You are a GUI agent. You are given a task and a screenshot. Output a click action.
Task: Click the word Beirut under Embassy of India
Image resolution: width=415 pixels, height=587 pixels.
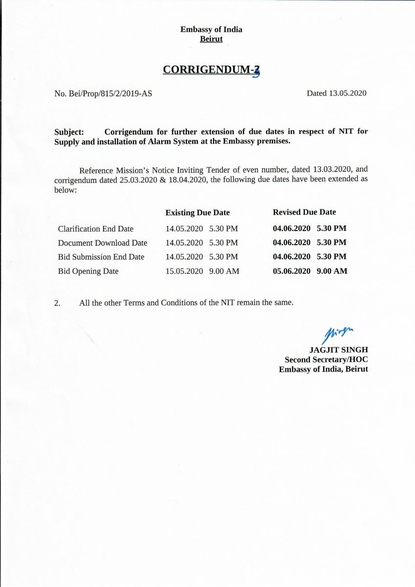pos(211,39)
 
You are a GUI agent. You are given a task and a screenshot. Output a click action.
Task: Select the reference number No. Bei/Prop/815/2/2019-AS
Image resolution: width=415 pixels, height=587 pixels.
pos(103,93)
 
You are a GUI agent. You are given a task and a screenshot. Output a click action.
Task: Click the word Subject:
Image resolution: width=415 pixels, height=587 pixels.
pos(69,132)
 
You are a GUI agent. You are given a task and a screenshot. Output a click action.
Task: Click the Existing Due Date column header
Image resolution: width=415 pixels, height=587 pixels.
pos(197,212)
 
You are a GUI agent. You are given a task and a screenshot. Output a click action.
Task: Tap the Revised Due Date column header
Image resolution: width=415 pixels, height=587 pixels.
pos(304,212)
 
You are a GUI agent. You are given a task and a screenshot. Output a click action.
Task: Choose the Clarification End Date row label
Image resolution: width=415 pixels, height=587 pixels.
pos(95,228)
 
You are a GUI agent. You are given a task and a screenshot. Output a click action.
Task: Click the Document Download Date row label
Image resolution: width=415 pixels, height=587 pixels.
pos(102,243)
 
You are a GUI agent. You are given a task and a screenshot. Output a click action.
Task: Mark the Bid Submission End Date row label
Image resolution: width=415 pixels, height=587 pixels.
pos(101,257)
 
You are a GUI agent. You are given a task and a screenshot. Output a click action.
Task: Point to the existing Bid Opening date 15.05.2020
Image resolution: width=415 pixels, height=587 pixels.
pos(184,271)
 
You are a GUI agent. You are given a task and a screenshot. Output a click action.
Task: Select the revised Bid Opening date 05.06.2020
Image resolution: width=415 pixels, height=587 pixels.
pos(291,271)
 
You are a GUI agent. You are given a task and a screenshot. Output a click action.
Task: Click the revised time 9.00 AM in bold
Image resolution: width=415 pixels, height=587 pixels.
pos(332,271)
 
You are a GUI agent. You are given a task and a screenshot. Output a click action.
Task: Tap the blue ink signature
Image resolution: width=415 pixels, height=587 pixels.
pos(338,334)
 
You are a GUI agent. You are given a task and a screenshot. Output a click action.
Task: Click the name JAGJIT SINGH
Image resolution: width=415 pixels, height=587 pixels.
pos(338,350)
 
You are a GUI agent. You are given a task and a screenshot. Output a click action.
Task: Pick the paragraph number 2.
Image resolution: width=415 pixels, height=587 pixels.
pos(57,303)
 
